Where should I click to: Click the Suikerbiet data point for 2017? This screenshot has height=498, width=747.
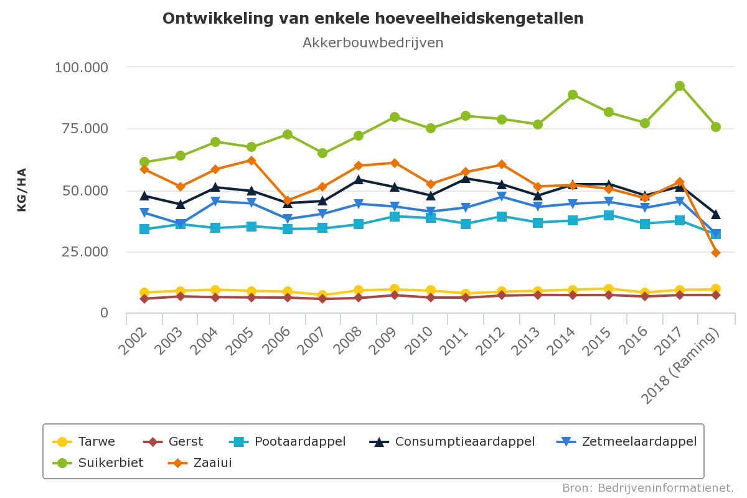680,86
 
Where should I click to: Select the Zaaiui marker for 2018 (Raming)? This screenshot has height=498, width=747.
716,252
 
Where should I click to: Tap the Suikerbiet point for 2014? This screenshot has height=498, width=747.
573,95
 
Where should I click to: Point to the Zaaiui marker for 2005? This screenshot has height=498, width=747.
251,160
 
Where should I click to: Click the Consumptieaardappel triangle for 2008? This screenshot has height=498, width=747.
359,180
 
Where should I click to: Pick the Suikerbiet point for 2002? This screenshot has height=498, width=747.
144,162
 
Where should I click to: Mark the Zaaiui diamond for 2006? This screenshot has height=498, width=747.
287,201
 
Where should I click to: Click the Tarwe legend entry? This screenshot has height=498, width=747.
96,442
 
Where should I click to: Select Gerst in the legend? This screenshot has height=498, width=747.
186,442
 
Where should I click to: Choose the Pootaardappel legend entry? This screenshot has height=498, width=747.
299,442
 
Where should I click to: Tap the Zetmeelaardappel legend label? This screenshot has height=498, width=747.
639,442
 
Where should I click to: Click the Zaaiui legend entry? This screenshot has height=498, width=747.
212,463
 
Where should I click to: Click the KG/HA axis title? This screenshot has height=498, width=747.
22,190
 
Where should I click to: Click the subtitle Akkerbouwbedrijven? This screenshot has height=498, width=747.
373,43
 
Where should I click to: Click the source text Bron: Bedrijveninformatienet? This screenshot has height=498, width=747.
648,487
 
